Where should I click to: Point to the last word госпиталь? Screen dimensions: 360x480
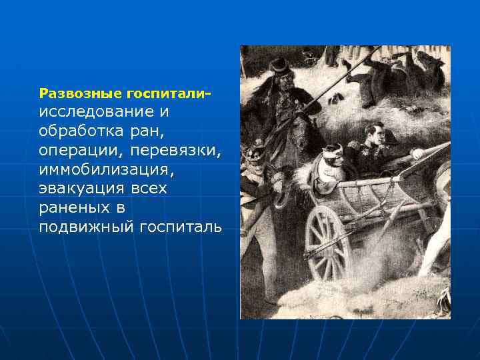click(x=181, y=227)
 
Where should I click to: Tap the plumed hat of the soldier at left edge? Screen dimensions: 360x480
click(x=255, y=153)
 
